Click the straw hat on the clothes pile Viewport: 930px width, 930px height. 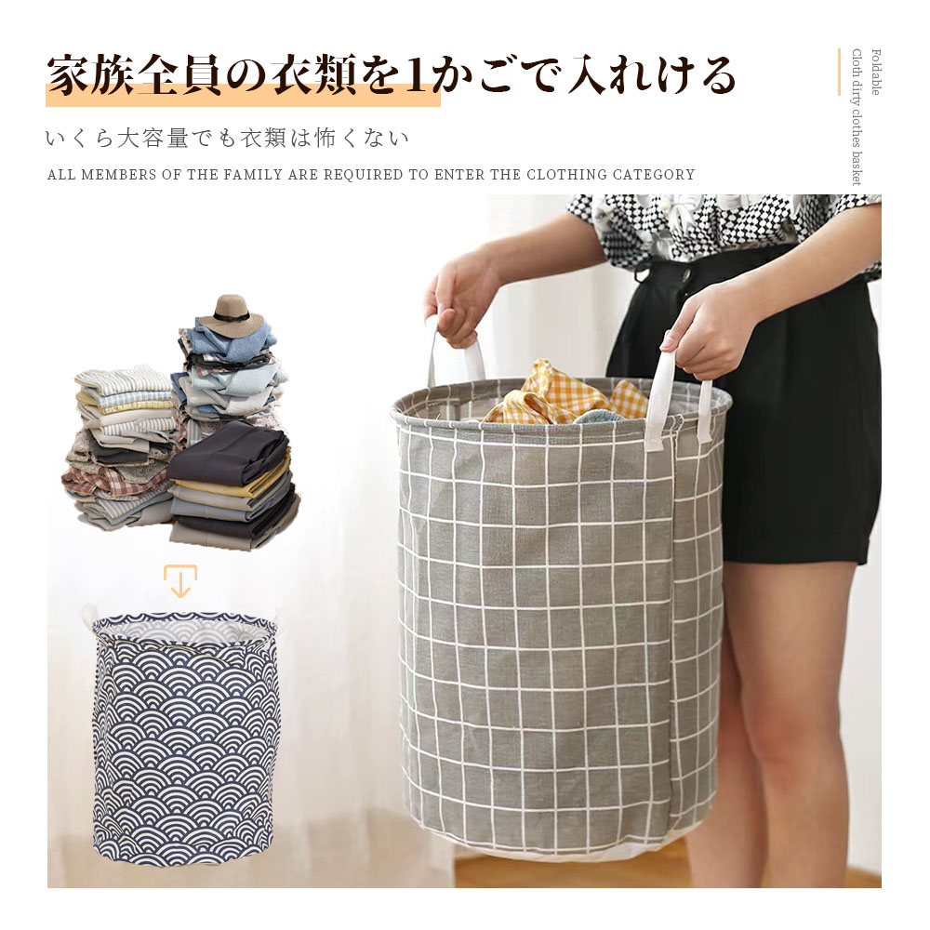click(231, 315)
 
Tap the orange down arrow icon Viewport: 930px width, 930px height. click(180, 580)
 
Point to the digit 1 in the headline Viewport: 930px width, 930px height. click(417, 75)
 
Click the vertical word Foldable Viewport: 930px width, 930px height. click(875, 72)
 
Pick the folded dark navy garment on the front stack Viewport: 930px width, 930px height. click(229, 454)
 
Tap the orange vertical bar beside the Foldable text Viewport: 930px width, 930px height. click(839, 72)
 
